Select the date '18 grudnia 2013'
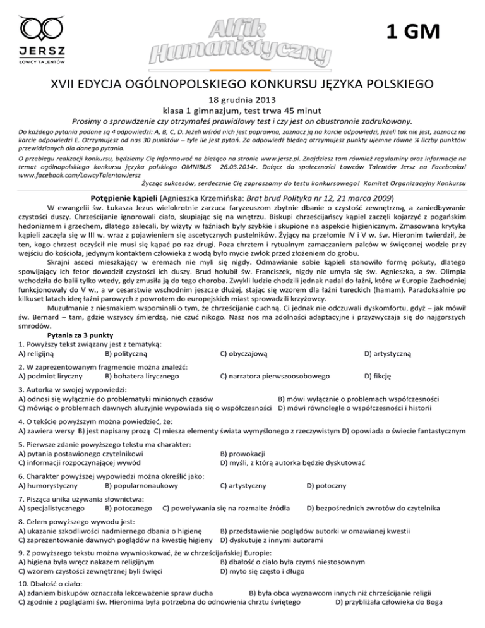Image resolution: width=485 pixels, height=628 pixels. (242, 99)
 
